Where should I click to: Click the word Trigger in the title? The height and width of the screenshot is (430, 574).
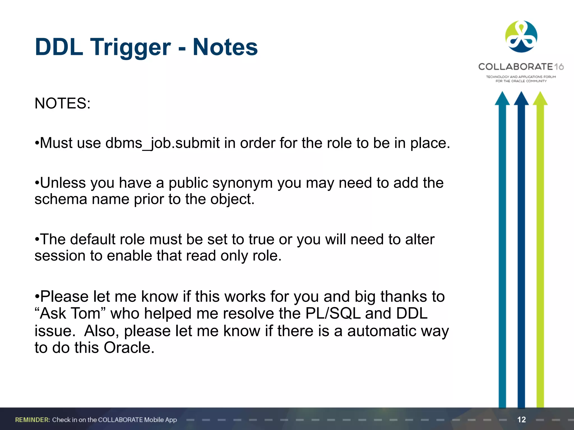coord(130,48)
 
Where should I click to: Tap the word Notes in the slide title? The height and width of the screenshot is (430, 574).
coord(225,47)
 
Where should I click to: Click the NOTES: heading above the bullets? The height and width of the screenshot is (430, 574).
coord(63,103)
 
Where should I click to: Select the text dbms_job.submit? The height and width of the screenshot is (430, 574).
coord(163,143)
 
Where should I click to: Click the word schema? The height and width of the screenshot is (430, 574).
coord(61,199)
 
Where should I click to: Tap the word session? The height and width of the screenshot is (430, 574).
coord(60,256)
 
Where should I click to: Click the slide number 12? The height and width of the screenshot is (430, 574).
coord(521,420)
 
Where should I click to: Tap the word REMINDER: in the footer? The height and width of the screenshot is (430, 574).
coord(33,420)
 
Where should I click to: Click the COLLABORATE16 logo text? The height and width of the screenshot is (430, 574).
coord(521,67)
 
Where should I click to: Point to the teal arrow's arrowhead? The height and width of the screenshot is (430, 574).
coord(502,99)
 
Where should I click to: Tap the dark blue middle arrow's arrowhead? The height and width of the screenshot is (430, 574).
coord(521,99)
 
